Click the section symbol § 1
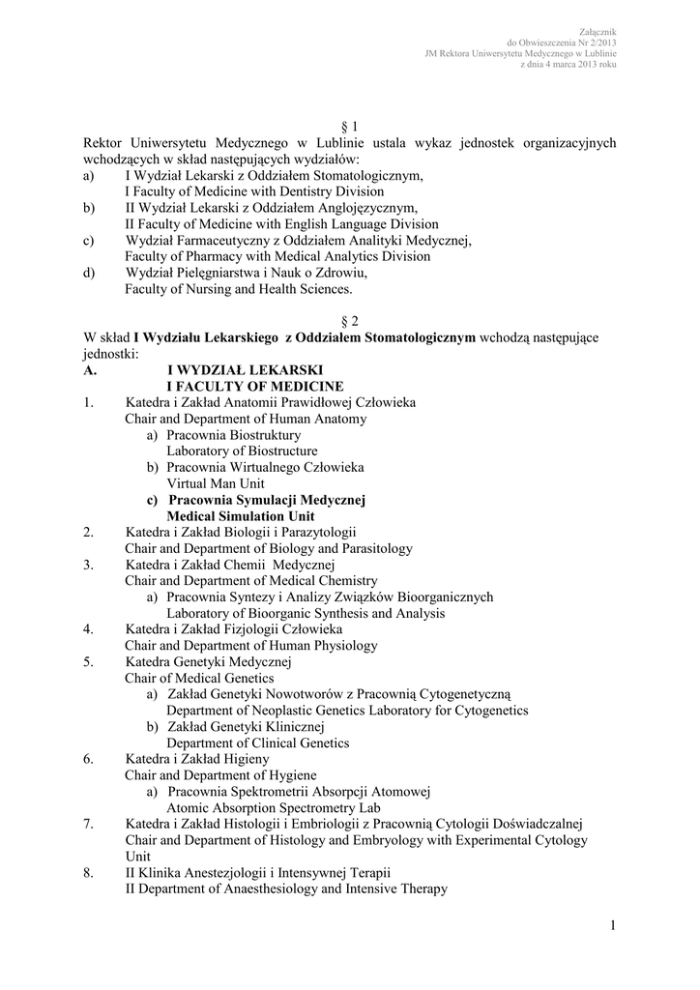[x=350, y=127]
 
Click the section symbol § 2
[x=350, y=320]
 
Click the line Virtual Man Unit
[x=214, y=483]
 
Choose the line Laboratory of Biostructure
[x=242, y=451]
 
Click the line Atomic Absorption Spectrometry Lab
[x=274, y=808]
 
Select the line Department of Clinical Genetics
[x=258, y=743]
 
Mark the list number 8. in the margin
[x=88, y=873]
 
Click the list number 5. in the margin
[x=88, y=662]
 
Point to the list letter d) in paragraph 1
[x=90, y=273]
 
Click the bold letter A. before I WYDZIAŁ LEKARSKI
[x=90, y=369]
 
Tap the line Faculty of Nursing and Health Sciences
[x=239, y=288]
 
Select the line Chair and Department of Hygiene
[x=220, y=775]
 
